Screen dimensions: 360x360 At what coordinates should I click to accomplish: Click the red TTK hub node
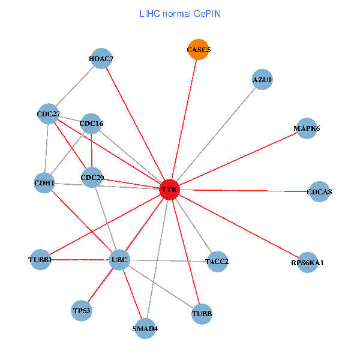[169, 190]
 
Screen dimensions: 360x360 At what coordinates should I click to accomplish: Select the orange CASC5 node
[198, 50]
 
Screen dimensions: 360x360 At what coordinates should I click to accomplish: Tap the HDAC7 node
[101, 58]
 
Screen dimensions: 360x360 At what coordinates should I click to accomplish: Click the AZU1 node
[262, 79]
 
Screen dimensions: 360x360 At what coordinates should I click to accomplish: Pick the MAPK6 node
[307, 128]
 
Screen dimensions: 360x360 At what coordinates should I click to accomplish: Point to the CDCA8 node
[319, 191]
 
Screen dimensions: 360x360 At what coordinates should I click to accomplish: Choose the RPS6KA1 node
[307, 263]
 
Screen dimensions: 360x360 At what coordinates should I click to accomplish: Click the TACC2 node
[217, 261]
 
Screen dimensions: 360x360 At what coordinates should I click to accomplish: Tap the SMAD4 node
[145, 328]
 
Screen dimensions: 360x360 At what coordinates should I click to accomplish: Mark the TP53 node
[81, 311]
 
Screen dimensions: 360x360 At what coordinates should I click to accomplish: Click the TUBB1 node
[40, 259]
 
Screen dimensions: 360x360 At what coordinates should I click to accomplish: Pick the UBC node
[119, 260]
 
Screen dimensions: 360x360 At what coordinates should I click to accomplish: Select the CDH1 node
[44, 182]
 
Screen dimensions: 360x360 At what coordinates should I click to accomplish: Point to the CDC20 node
[92, 177]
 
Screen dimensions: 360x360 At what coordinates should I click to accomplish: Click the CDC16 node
[91, 124]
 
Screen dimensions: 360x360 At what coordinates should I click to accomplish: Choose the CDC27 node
[48, 113]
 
